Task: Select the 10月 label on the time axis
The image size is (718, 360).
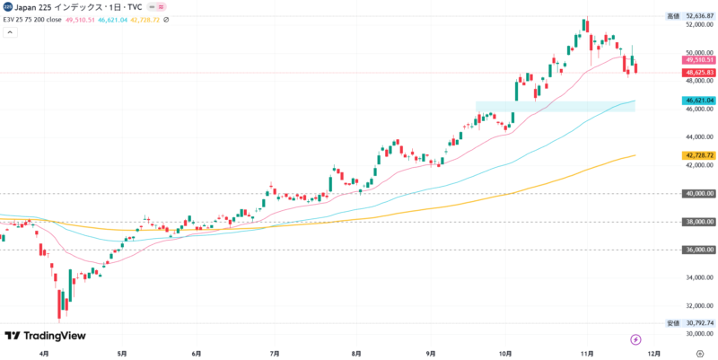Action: click(x=505, y=353)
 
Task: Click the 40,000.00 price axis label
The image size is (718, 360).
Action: click(x=699, y=193)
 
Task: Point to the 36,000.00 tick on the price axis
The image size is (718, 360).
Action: click(x=699, y=250)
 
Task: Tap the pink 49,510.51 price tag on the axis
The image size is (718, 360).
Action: click(x=698, y=60)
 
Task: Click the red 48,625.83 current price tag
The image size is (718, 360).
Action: click(x=698, y=73)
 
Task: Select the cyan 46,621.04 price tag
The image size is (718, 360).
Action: click(x=698, y=101)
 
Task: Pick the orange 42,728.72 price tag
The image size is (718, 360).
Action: click(x=698, y=155)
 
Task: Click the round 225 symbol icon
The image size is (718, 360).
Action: click(x=7, y=6)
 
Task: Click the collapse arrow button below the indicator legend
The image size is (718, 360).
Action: click(x=10, y=32)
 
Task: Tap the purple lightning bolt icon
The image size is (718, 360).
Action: click(x=636, y=339)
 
